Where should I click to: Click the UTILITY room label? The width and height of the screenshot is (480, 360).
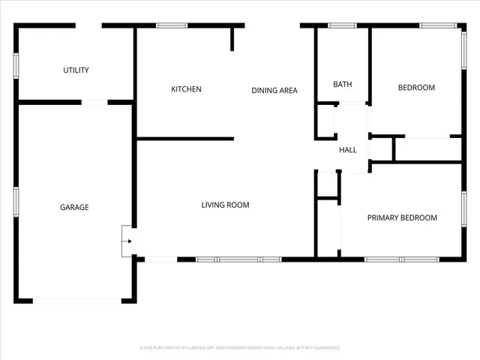76,70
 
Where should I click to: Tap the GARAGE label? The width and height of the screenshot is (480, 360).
74,207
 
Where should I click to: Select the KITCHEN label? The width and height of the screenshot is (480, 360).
186,89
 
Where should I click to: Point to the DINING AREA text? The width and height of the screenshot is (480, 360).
274,91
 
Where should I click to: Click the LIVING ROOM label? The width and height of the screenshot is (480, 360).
225,205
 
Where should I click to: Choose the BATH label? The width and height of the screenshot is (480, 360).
343,85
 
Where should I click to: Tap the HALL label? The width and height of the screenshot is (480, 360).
348,150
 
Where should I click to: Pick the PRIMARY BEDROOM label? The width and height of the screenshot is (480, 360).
402,218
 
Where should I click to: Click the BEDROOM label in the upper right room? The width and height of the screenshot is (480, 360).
415,88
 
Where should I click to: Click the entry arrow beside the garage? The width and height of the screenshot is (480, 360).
129,241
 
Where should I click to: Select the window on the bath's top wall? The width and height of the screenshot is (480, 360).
343,26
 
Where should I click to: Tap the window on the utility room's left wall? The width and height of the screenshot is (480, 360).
16,65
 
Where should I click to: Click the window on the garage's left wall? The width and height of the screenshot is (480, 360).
16,202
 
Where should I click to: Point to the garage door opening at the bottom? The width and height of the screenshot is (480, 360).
77,301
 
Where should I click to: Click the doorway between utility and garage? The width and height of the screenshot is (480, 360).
94,102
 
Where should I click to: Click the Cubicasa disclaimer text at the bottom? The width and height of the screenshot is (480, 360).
240,348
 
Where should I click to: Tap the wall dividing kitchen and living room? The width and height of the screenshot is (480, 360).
185,138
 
